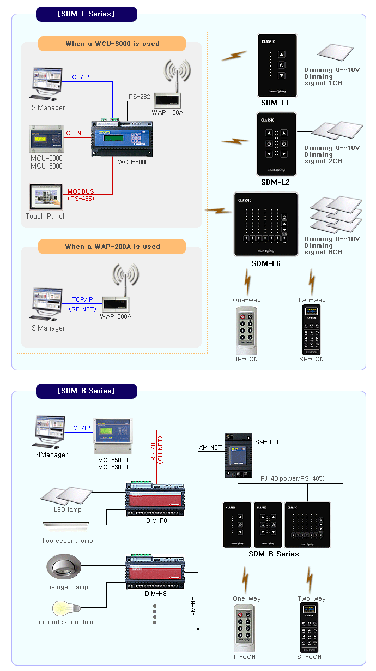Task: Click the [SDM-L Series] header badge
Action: pos(86,14)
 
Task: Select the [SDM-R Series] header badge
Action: pos(86,391)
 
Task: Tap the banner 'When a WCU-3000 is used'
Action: pos(112,44)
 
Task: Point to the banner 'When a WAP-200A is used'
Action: pos(112,247)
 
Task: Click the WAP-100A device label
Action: pos(167,112)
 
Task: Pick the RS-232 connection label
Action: pos(140,97)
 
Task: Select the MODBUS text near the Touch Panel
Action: pos(81,191)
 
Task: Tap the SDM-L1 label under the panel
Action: pos(275,103)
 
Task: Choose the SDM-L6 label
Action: pos(266,263)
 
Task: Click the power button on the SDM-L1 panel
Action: pos(282,65)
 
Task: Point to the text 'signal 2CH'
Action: pos(323,161)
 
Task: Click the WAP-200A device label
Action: pos(116,316)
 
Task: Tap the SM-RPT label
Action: pos(267,441)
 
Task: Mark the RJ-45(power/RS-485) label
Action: pos(292,478)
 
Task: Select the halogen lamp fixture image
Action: pos(64,569)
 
